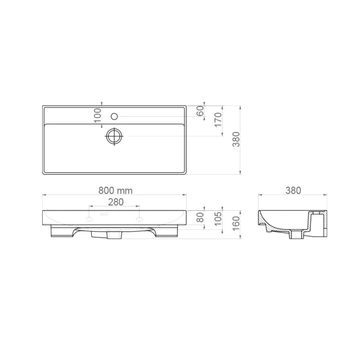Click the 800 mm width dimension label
[116, 190]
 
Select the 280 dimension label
[116, 202]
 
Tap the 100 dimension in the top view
[98, 116]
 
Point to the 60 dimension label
[200, 111]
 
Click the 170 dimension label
[218, 120]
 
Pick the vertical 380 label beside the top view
[236, 139]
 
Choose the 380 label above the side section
[293, 190]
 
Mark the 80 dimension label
[200, 217]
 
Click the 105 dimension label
[218, 219]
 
